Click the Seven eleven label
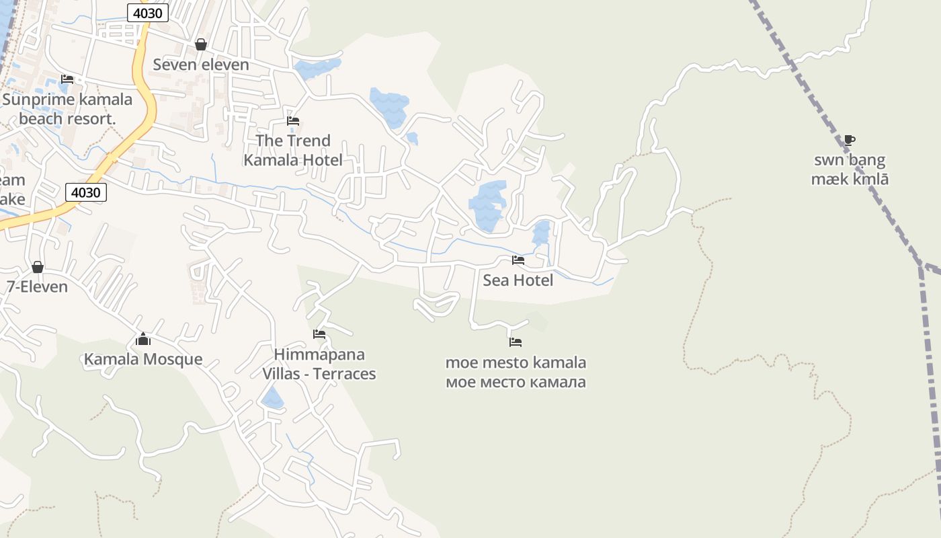coord(201,65)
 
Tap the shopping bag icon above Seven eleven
coord(200,44)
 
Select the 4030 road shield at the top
coord(147,12)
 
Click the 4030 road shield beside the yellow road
coord(86,193)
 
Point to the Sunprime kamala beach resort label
coord(67,109)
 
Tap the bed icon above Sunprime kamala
coord(67,79)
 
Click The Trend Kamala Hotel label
coord(293,150)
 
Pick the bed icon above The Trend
coord(293,121)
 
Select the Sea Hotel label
coord(518,280)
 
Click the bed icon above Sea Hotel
coord(518,260)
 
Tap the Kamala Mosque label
coord(143,359)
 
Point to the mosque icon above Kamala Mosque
coord(143,339)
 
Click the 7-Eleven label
coord(38,286)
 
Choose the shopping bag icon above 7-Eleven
coord(38,267)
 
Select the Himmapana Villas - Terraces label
coord(319,364)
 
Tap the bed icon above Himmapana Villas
coord(319,334)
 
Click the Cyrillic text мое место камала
coord(516,383)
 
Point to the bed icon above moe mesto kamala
coord(516,342)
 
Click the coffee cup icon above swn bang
coord(850,140)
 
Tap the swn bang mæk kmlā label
coord(850,169)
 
